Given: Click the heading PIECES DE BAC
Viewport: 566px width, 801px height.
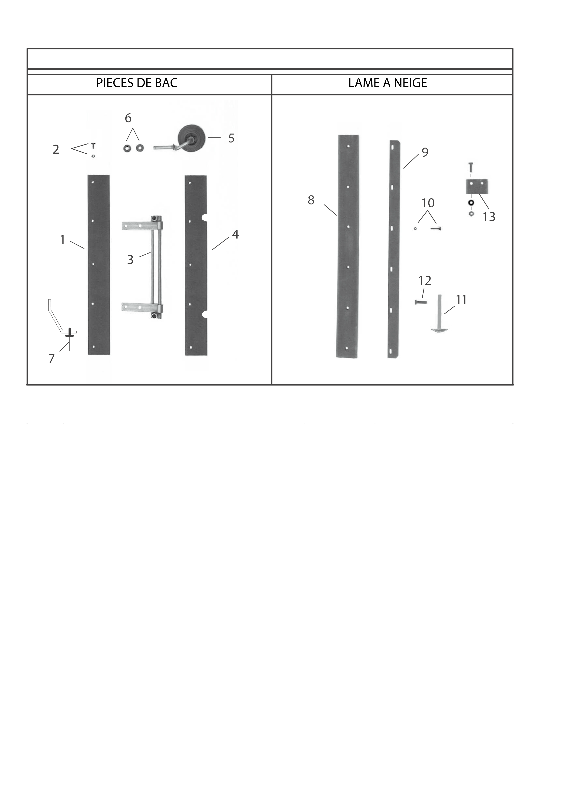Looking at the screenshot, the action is pyautogui.click(x=137, y=83).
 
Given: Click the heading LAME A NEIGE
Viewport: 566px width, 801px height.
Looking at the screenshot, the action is pyautogui.click(x=388, y=83).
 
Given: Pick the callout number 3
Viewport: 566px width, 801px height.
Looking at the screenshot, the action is pyautogui.click(x=130, y=260).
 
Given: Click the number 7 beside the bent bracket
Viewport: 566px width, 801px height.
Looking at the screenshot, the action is pyautogui.click(x=52, y=359).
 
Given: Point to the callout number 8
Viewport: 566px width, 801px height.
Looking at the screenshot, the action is pyautogui.click(x=311, y=200).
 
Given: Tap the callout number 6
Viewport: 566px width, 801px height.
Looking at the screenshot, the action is pyautogui.click(x=128, y=118).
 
